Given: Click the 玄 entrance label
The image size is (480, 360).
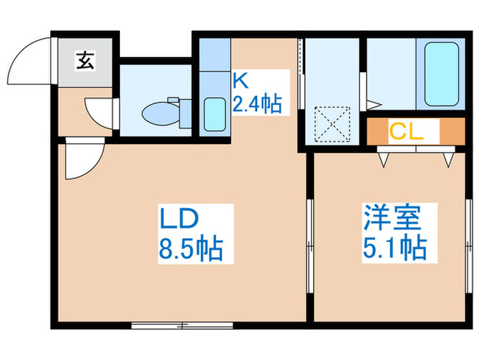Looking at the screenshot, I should coord(85,62).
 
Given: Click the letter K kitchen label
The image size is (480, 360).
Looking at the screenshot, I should coord(240,80).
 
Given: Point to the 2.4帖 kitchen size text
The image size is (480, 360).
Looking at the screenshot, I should coord(256,104).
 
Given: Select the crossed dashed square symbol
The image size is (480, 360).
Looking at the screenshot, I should coord(331,123).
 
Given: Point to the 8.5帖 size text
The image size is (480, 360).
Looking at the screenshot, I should coord(191,248).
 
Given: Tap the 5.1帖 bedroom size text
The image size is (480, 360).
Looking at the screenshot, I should coord(394,247).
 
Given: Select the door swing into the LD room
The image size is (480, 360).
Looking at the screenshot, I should coord(81,159).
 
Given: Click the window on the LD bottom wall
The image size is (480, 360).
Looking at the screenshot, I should coord(164,324).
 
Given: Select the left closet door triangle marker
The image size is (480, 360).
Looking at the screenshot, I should coord(384,159).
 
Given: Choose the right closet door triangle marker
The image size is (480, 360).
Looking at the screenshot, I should coord(448,159).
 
